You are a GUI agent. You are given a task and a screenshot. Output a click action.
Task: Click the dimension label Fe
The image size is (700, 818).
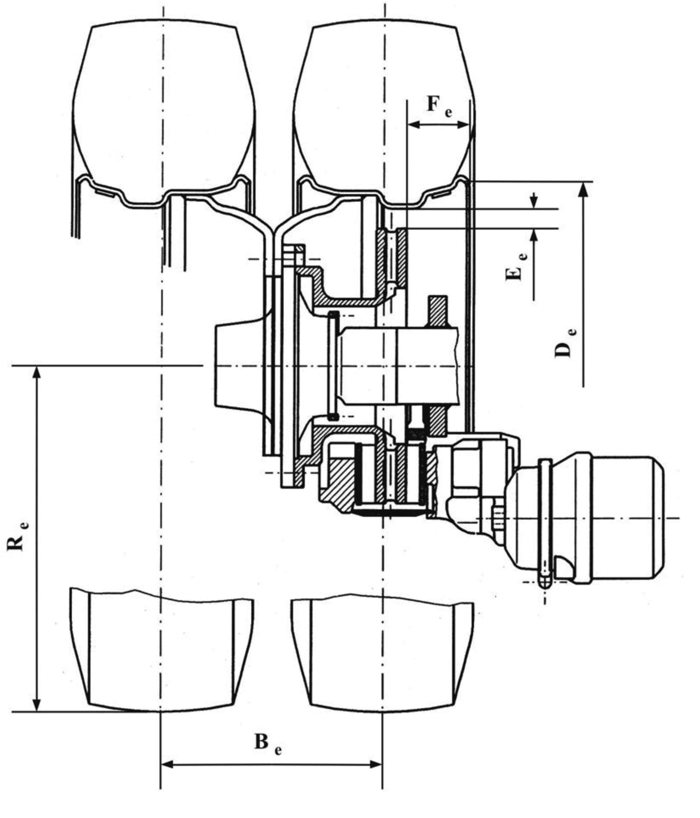point(439,106)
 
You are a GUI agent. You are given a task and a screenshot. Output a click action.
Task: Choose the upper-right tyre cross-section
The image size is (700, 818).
point(383,114)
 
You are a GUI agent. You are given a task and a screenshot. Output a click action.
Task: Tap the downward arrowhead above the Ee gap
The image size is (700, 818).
point(533,203)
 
